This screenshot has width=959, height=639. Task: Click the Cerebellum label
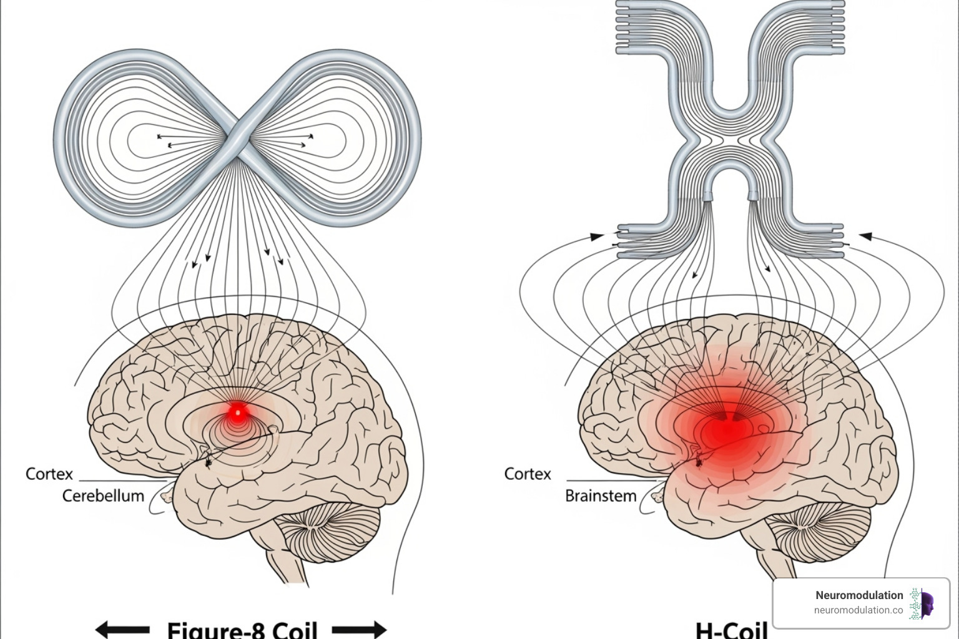click(x=103, y=496)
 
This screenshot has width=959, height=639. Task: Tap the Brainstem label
click(x=601, y=496)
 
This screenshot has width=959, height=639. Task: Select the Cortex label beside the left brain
click(x=49, y=474)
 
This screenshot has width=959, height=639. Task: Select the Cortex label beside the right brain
click(x=528, y=474)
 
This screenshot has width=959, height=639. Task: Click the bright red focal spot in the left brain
click(x=237, y=412)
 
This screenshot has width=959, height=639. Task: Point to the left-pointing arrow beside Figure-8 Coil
click(x=122, y=629)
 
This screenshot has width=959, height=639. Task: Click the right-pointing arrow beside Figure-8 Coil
click(x=360, y=629)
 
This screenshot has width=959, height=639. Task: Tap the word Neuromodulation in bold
click(x=859, y=595)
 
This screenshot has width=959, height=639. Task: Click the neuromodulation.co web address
click(x=858, y=610)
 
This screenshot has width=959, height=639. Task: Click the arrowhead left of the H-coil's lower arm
click(x=597, y=237)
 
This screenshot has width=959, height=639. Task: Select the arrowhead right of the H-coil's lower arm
click(x=865, y=236)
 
